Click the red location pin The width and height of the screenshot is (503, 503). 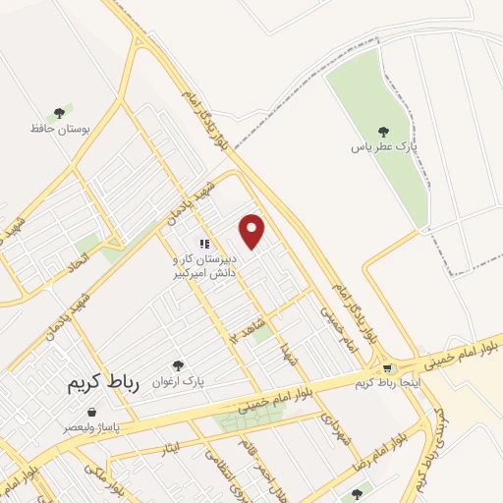(252, 230)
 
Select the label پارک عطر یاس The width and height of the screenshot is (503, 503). (385, 147)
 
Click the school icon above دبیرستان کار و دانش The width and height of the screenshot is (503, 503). (203, 244)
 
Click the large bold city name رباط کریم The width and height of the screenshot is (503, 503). (105, 383)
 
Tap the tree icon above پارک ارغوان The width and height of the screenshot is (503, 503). (178, 366)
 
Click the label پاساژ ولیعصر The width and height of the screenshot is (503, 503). (92, 427)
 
